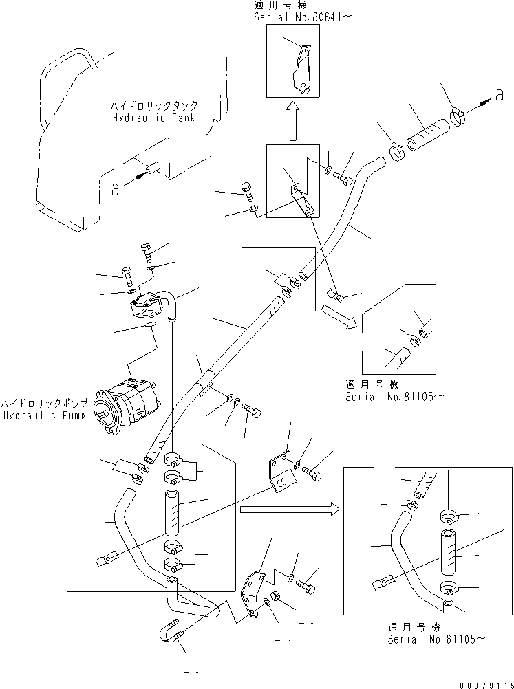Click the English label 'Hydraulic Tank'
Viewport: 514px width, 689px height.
point(153,118)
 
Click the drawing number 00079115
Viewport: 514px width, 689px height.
point(482,681)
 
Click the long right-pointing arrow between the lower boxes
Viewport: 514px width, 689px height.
point(289,510)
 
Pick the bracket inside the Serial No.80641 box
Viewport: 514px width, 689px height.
point(299,69)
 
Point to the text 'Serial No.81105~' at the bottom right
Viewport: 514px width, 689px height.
point(437,639)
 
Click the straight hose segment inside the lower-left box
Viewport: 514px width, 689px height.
point(173,512)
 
